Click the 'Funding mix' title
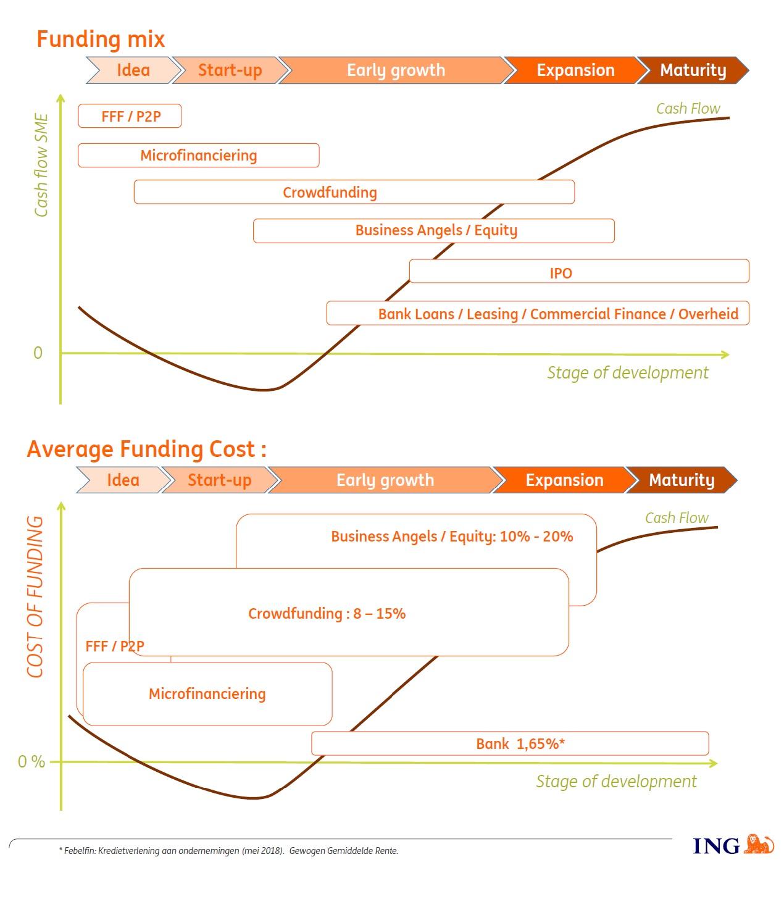101,39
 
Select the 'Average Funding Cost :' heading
146,449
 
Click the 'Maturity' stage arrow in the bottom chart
682,480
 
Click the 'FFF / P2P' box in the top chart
130,116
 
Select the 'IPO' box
561,272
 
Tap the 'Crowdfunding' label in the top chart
330,193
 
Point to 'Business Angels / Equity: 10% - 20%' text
452,536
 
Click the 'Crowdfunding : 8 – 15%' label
327,614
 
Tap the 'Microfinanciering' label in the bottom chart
207,694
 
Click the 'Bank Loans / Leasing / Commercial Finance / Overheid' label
557,314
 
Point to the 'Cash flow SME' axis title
41,165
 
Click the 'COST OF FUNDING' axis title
35,596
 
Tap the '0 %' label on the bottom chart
31,762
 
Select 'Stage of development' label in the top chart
627,373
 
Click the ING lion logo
759,844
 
